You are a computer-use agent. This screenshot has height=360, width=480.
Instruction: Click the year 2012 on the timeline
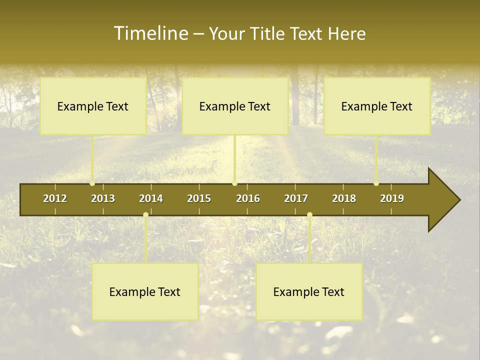pyautogui.click(x=55, y=198)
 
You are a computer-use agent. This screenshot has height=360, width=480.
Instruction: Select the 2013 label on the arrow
pyautogui.click(x=103, y=198)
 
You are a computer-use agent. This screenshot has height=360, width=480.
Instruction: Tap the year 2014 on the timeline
pyautogui.click(x=151, y=198)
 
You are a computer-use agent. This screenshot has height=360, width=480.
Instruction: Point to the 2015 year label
pyautogui.click(x=199, y=198)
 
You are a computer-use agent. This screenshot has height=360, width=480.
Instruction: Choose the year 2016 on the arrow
pyautogui.click(x=248, y=198)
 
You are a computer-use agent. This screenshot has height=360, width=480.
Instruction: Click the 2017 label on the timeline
pyautogui.click(x=296, y=198)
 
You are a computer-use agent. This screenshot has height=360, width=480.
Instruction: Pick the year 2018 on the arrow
pyautogui.click(x=344, y=198)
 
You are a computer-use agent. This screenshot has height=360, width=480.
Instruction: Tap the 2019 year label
pyautogui.click(x=392, y=198)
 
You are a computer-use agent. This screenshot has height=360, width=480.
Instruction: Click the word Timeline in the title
pyautogui.click(x=150, y=33)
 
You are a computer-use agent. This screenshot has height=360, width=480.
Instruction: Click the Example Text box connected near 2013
pyautogui.click(x=93, y=106)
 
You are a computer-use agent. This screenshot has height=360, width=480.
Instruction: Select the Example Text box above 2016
pyautogui.click(x=235, y=106)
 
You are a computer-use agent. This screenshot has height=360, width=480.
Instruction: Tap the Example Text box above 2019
pyautogui.click(x=377, y=106)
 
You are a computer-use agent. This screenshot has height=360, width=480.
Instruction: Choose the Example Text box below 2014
pyautogui.click(x=145, y=292)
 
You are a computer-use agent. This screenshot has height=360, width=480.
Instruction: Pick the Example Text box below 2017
pyautogui.click(x=309, y=292)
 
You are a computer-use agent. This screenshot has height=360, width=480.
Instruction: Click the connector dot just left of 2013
pyautogui.click(x=92, y=183)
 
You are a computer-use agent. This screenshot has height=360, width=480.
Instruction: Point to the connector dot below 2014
pyautogui.click(x=145, y=215)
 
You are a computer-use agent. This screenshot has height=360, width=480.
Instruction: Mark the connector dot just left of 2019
pyautogui.click(x=376, y=183)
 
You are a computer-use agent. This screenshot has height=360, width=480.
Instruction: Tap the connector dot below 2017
pyautogui.click(x=309, y=215)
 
